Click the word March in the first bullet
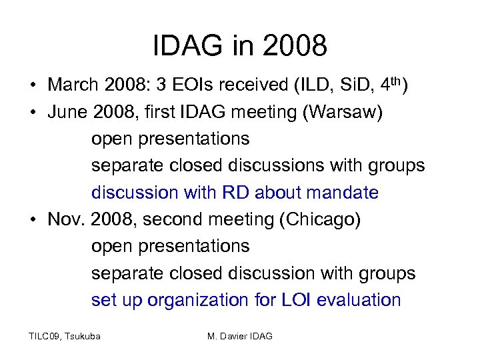[73, 85]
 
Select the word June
[67, 113]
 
